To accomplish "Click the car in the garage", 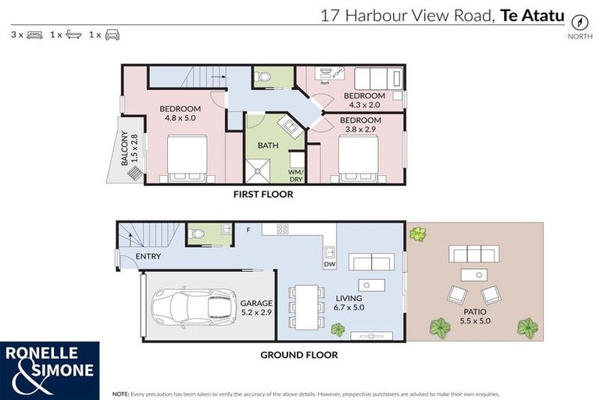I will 194,306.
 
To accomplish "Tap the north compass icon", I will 579,22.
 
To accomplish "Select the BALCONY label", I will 130,150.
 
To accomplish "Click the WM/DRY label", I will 296,175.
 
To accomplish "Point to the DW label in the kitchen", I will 329,264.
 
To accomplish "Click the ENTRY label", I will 148,256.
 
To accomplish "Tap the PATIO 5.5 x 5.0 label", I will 474,316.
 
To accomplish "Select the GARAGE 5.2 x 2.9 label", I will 256,306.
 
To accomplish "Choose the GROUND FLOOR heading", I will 298,355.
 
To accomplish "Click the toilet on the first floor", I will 262,77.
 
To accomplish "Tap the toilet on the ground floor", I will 198,233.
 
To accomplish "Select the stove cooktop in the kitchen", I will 282,229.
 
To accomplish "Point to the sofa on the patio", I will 473,254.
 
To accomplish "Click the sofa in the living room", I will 371,262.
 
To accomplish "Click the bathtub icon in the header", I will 74,35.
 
